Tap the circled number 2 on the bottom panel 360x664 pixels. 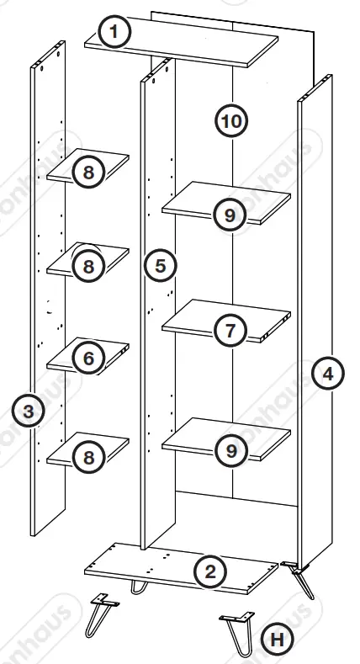(210, 572)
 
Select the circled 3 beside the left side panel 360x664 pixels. (29, 412)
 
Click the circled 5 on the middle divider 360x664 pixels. (159, 266)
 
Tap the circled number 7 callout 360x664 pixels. (230, 331)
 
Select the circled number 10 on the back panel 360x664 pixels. (230, 121)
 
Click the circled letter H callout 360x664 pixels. (274, 640)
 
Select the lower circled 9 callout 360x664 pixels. (230, 450)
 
